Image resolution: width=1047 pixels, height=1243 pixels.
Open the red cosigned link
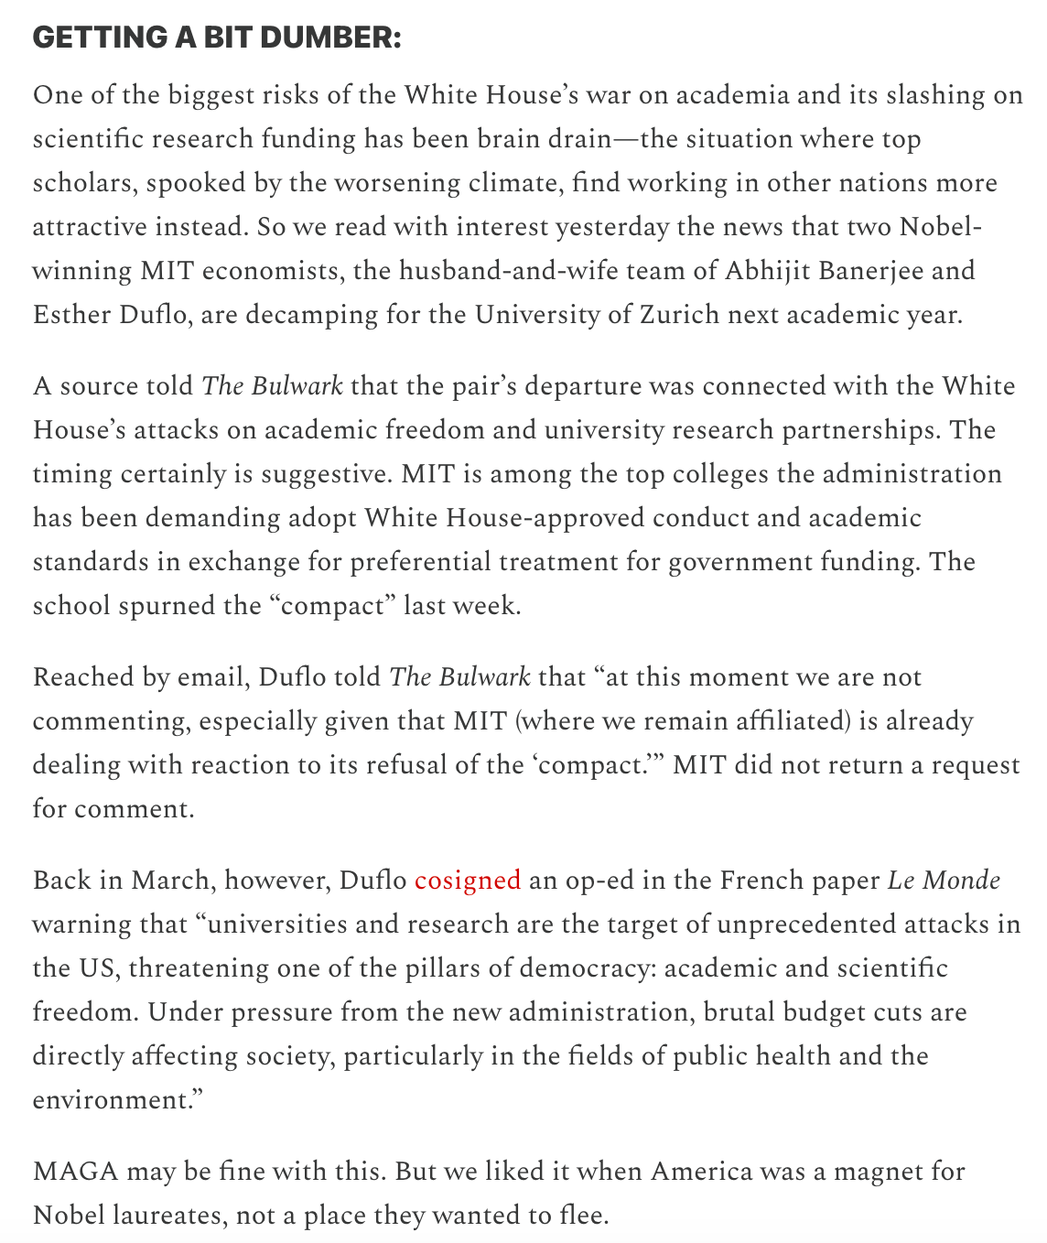[467, 881]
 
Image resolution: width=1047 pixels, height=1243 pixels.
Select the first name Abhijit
[772, 271]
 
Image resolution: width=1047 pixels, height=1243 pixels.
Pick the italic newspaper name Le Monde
[943, 881]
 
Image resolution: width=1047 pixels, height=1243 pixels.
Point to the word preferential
[422, 562]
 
